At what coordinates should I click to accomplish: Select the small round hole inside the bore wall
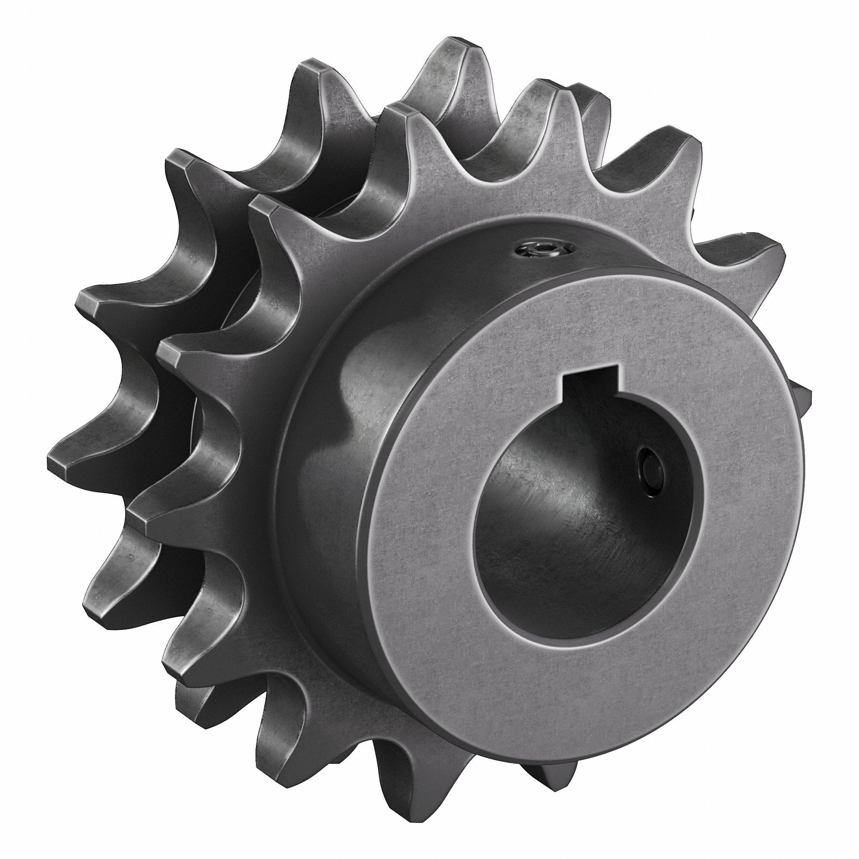[x=647, y=467]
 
